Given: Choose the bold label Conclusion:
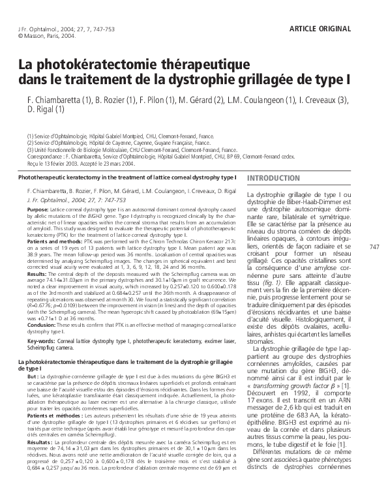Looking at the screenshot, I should (x=42, y=325).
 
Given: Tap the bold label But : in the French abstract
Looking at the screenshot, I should (x=34, y=377).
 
